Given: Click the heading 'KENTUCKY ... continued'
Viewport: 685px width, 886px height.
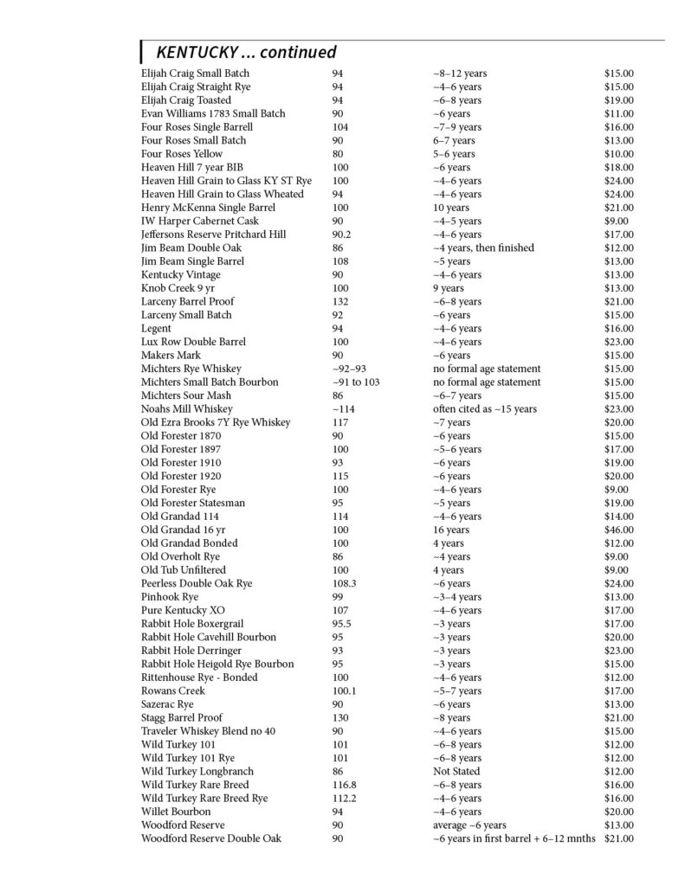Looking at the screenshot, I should pyautogui.click(x=246, y=53).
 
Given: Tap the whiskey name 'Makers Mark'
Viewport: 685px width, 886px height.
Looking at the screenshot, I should pyautogui.click(x=171, y=356).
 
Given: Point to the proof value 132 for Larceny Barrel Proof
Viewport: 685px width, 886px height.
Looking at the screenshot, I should pyautogui.click(x=340, y=301).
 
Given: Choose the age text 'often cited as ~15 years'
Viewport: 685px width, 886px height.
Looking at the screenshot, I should pyautogui.click(x=484, y=409).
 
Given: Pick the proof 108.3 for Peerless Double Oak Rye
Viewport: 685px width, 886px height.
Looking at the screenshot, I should pyautogui.click(x=345, y=584).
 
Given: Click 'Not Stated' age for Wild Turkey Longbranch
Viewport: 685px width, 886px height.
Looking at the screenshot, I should pyautogui.click(x=456, y=772).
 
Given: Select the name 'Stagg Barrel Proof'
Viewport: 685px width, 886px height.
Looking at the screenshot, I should pyautogui.click(x=181, y=718).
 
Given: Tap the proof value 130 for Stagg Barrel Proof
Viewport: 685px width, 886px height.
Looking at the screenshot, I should pyautogui.click(x=340, y=718).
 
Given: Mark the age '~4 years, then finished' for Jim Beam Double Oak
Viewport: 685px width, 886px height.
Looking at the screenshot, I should pyautogui.click(x=483, y=247).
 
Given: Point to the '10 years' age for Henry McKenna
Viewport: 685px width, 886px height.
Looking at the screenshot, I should pyautogui.click(x=451, y=208).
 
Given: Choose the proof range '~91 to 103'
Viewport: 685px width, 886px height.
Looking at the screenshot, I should pyautogui.click(x=355, y=382).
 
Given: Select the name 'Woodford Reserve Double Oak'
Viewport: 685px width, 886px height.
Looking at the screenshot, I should pyautogui.click(x=210, y=838).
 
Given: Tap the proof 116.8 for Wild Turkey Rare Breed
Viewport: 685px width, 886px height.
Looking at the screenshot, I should pyautogui.click(x=345, y=785).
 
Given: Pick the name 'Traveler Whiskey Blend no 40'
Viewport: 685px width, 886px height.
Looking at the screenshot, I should pyautogui.click(x=208, y=731).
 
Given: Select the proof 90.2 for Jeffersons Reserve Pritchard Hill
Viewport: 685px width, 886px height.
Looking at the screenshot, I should pyautogui.click(x=342, y=234).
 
